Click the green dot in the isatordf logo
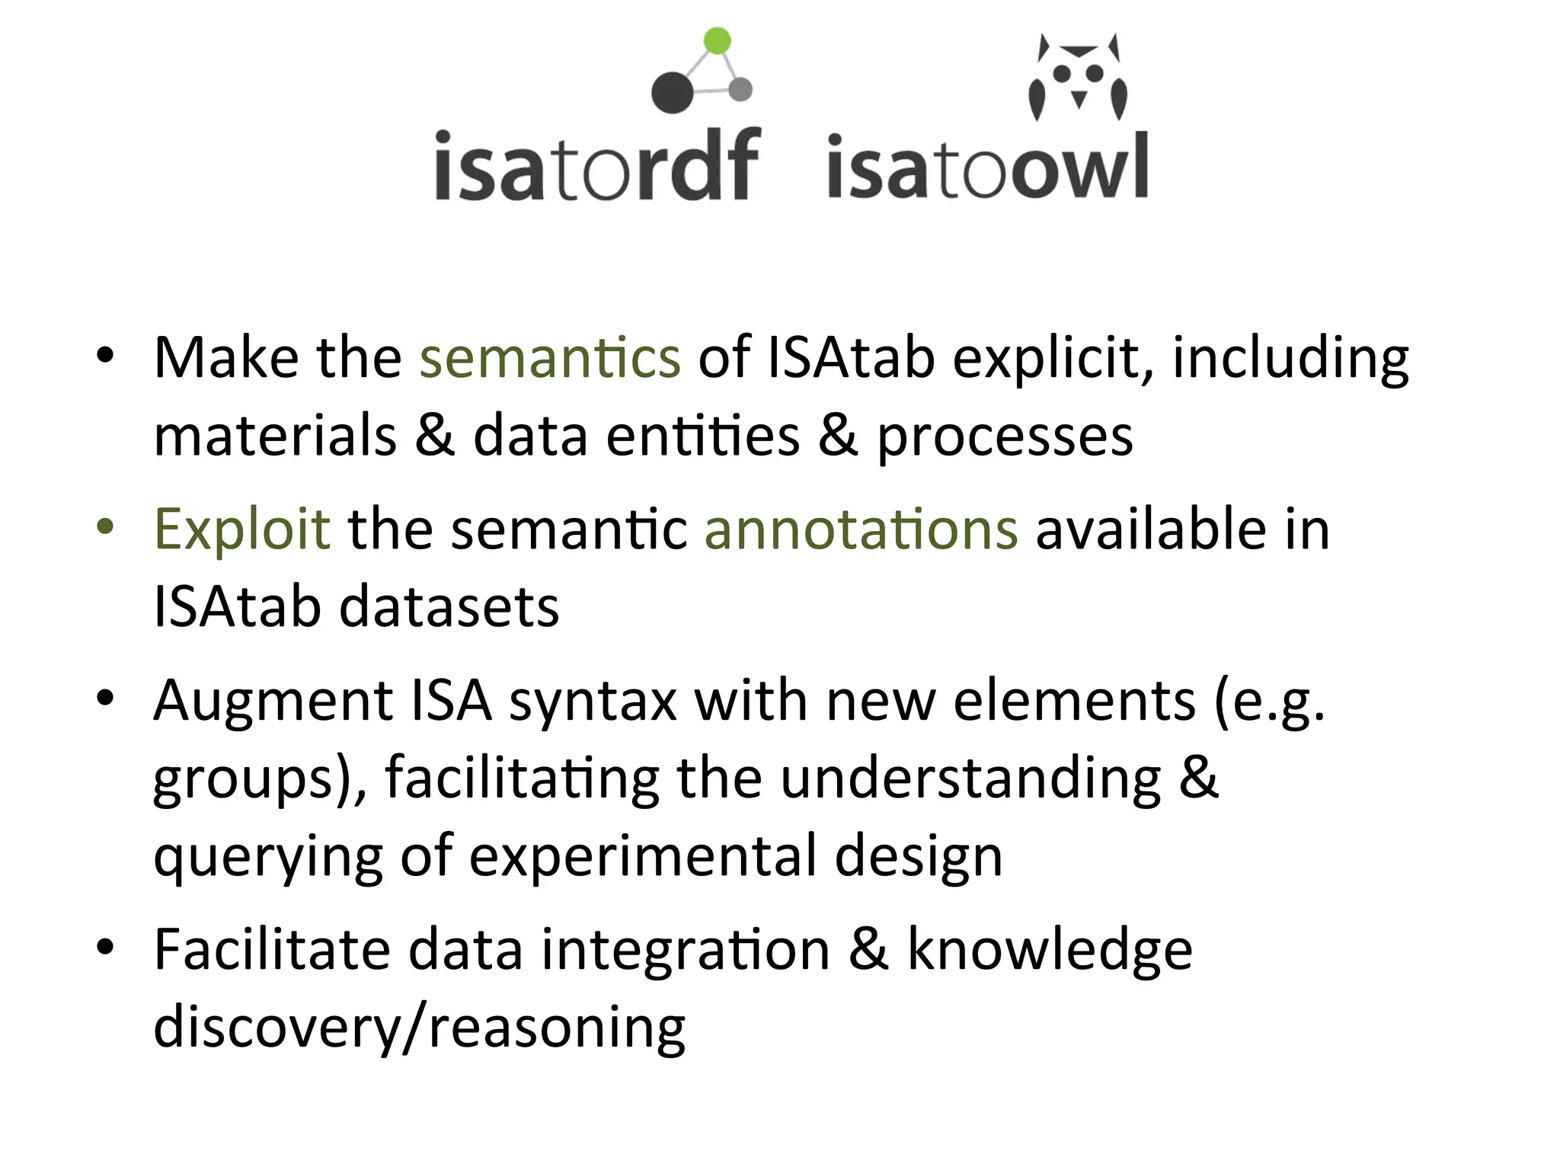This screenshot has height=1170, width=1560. pyautogui.click(x=717, y=40)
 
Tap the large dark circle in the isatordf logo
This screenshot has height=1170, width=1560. pyautogui.click(x=673, y=93)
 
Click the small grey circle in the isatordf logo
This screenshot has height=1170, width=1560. pyautogui.click(x=740, y=89)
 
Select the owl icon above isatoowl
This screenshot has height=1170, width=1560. pyautogui.click(x=1078, y=77)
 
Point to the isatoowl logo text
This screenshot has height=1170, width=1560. pyautogui.click(x=987, y=167)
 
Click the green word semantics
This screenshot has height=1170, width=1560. pyautogui.click(x=550, y=357)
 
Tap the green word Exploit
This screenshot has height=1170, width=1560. pyautogui.click(x=242, y=529)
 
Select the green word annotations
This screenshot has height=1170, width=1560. pyautogui.click(x=861, y=529)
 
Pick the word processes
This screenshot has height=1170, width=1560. pyautogui.click(x=1005, y=436)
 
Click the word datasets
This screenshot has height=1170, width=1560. pyautogui.click(x=449, y=607)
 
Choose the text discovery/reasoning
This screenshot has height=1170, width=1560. pyautogui.click(x=419, y=1028)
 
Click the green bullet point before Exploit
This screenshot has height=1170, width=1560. pyautogui.click(x=105, y=527)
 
